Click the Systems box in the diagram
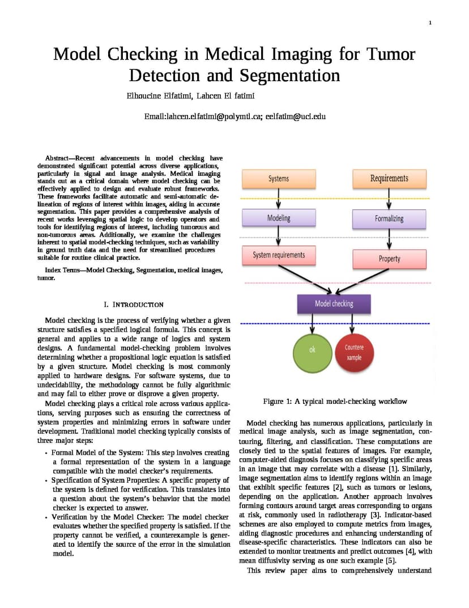(x=279, y=179)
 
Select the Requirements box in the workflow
(x=389, y=179)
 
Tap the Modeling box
(x=279, y=218)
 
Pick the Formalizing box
(x=389, y=219)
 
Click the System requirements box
(x=279, y=255)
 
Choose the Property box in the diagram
(x=389, y=259)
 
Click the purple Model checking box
(x=334, y=303)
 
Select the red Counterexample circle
(x=354, y=352)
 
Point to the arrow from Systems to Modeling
(x=278, y=199)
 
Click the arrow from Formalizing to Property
(x=389, y=239)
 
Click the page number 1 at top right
(x=430, y=23)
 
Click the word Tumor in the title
(x=390, y=54)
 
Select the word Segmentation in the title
(x=289, y=75)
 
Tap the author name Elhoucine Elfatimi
(x=159, y=96)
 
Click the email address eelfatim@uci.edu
(x=296, y=116)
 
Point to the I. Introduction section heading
(x=134, y=305)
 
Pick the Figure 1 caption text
(x=335, y=402)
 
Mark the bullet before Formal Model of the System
(x=46, y=453)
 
